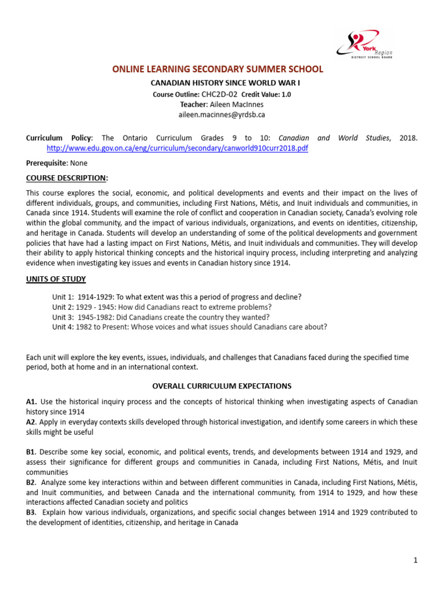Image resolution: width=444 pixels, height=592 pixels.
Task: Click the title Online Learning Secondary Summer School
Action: (x=218, y=69)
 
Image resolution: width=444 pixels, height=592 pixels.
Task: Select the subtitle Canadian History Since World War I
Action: (x=221, y=83)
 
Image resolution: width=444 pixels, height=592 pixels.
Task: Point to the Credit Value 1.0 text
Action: (x=266, y=94)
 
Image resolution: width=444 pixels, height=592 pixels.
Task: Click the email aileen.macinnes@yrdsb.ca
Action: (x=221, y=114)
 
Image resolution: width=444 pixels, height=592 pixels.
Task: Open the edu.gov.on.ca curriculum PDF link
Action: (x=177, y=148)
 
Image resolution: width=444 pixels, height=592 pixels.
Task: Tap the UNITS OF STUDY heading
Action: (x=55, y=279)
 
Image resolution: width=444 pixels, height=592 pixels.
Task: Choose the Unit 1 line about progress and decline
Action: (x=176, y=297)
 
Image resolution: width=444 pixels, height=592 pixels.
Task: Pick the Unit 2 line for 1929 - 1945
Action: (x=161, y=307)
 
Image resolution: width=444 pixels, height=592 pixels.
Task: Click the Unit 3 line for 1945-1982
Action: (x=161, y=317)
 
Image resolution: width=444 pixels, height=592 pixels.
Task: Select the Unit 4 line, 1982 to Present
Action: (x=189, y=327)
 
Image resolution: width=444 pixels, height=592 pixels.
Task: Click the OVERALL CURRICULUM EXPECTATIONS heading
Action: (x=221, y=386)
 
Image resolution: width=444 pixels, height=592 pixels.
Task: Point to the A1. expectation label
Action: (x=32, y=401)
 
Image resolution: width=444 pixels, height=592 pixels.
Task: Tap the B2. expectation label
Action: (x=32, y=482)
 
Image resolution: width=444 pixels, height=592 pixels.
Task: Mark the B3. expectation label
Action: (x=32, y=512)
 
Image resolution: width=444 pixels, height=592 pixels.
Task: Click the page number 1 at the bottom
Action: (x=415, y=560)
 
